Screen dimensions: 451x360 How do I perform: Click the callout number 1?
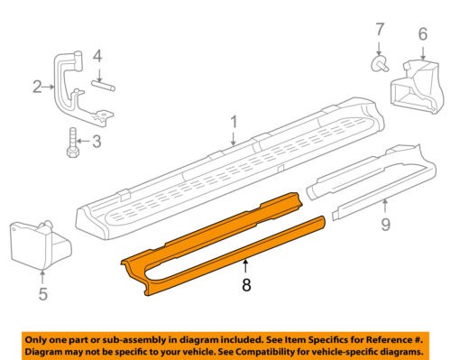[x=233, y=120]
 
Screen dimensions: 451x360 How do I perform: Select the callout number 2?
[x=37, y=87]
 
